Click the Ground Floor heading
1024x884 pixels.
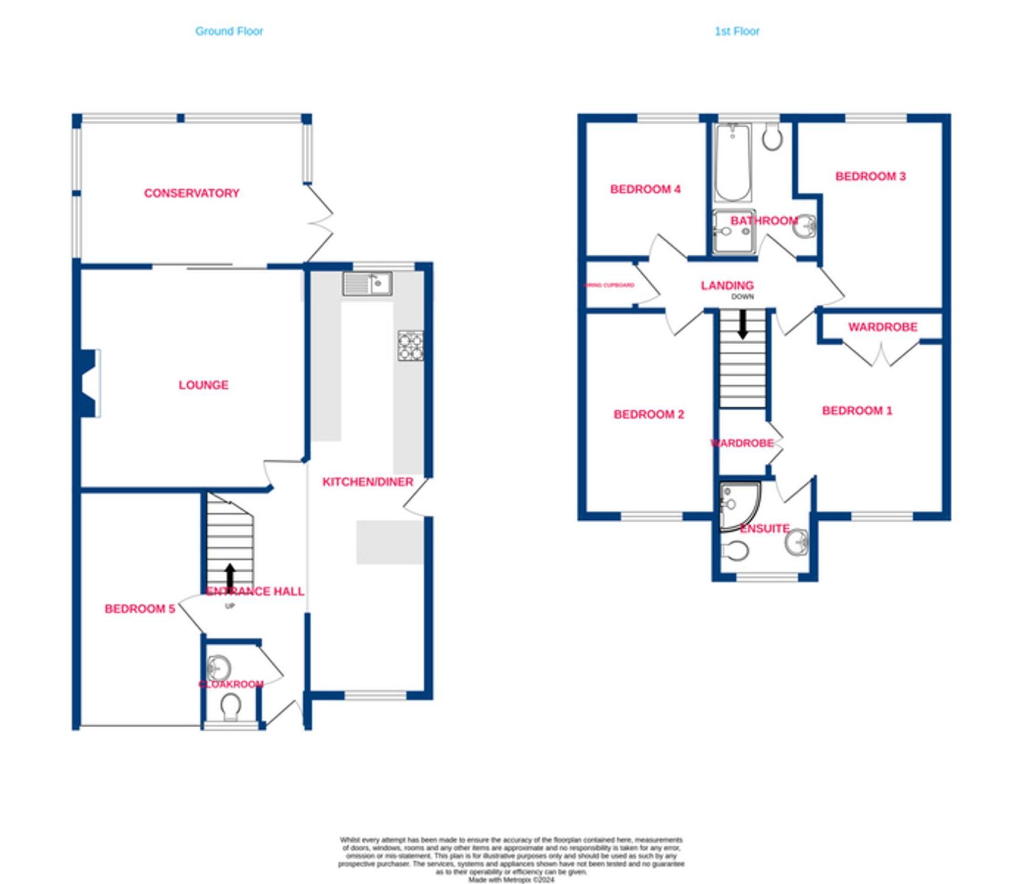[x=229, y=31]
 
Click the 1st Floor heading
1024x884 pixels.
[x=736, y=31]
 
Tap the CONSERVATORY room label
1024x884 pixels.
[x=191, y=193]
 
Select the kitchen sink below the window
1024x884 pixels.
[x=368, y=284]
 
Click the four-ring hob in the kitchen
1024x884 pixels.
[x=410, y=345]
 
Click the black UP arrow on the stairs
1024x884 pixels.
[x=230, y=575]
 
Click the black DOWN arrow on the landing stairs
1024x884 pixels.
[x=742, y=324]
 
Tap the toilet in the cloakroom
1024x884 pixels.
[x=230, y=706]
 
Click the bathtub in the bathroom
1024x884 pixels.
[x=732, y=162]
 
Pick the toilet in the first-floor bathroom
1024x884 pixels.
[x=772, y=138]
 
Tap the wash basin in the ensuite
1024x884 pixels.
[x=797, y=542]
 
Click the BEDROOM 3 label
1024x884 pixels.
[x=870, y=176]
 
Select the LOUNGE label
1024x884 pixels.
[x=203, y=385]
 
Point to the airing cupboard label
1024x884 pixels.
[x=609, y=285]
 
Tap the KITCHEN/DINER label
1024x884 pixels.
[x=367, y=482]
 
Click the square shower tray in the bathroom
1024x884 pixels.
[x=734, y=232]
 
